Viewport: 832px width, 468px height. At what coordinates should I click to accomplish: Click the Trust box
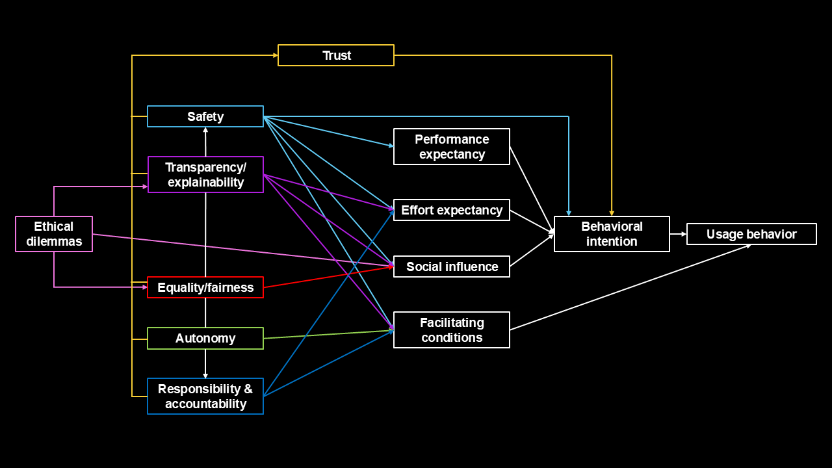click(336, 55)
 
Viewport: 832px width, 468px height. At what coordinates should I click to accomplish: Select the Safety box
click(205, 116)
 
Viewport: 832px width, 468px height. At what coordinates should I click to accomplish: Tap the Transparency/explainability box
click(205, 174)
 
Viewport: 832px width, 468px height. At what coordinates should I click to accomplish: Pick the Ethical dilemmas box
click(54, 234)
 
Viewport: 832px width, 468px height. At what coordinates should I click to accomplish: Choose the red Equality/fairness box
click(205, 287)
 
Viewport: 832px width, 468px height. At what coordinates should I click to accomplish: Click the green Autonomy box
click(205, 338)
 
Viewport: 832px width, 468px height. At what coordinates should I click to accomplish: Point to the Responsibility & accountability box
click(205, 396)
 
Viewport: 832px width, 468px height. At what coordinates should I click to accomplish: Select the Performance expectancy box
click(452, 146)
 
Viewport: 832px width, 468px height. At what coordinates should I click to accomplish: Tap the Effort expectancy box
click(452, 210)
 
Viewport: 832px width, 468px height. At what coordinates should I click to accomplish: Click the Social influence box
click(452, 266)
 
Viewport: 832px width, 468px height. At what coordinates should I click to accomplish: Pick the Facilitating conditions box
click(452, 330)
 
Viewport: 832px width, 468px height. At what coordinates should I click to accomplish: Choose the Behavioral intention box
click(612, 234)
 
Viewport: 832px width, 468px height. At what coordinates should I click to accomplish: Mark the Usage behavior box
click(751, 234)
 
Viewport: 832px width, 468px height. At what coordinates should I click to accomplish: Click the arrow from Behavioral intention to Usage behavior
click(678, 234)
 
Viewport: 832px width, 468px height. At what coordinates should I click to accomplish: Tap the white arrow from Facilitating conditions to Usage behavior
click(630, 287)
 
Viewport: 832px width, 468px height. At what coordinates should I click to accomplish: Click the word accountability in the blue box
click(205, 404)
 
